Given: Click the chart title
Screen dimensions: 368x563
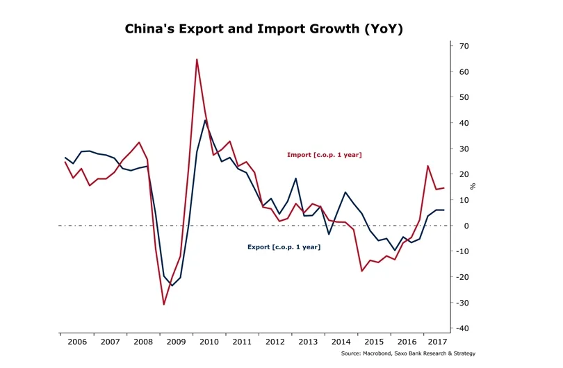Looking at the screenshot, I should [263, 29].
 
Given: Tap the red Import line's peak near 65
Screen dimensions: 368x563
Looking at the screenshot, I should [197, 60].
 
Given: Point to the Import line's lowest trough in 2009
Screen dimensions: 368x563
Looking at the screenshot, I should [164, 303].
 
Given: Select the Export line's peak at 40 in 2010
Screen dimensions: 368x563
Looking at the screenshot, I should [205, 121].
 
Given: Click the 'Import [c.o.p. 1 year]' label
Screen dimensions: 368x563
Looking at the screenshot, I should [324, 155].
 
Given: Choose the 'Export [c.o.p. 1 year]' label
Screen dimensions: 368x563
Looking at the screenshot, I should [284, 246].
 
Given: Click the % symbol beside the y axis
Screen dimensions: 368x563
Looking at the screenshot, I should [473, 186].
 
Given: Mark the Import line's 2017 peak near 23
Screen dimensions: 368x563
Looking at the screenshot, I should [428, 166].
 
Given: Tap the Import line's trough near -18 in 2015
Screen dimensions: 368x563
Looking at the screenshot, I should [362, 271].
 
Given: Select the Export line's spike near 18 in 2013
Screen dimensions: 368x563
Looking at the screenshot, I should [296, 178].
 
